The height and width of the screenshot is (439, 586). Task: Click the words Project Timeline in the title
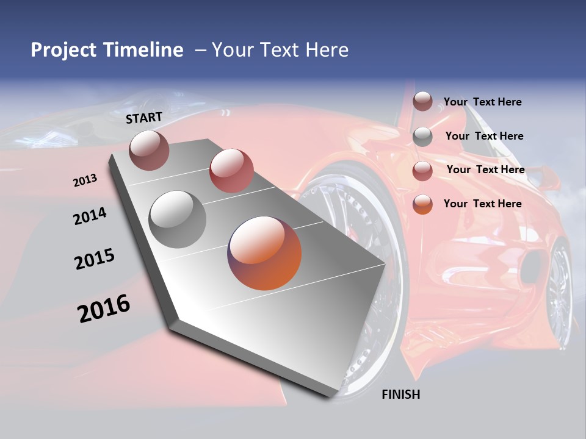(107, 50)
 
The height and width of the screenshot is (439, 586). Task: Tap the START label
(144, 118)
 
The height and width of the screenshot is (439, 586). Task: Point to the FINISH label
(400, 394)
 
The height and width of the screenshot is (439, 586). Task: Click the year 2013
(85, 180)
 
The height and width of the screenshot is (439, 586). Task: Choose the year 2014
(90, 216)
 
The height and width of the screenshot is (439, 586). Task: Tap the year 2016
(104, 309)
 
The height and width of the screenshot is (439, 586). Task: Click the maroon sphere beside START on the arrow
(149, 150)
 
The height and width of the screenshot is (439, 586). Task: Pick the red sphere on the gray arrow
(231, 171)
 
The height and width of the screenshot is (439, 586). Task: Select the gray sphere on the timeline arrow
(177, 219)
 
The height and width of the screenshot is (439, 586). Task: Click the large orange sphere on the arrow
(264, 253)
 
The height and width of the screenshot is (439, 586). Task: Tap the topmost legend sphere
(422, 102)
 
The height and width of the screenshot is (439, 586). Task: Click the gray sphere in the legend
(422, 137)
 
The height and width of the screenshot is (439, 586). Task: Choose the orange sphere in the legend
(422, 204)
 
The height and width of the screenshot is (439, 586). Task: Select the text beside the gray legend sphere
(484, 136)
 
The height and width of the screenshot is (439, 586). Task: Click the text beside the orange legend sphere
(482, 204)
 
